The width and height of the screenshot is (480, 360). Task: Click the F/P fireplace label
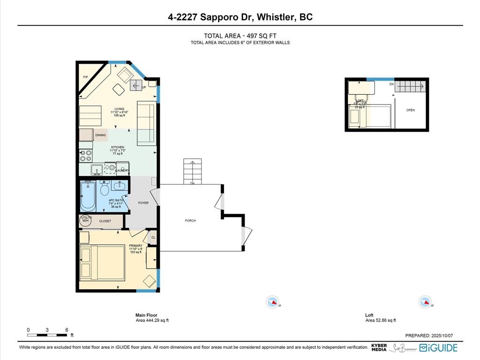tap(86, 77)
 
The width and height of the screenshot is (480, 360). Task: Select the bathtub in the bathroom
tap(88, 197)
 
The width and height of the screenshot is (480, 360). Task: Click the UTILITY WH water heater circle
tap(85, 220)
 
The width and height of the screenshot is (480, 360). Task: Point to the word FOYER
tap(143, 203)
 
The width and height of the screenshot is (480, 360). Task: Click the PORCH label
tap(190, 220)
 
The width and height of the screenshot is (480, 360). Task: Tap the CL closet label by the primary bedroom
tap(153, 238)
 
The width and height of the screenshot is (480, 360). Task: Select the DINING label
tap(100, 135)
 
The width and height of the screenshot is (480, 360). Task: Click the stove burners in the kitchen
tap(85, 155)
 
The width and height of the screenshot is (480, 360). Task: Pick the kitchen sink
tap(97, 169)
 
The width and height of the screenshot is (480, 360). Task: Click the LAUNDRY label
tap(122, 170)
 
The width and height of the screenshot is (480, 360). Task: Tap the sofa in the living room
tap(146, 123)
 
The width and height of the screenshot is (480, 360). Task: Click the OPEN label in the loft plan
tap(411, 110)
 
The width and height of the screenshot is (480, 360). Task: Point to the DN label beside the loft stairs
tap(391, 84)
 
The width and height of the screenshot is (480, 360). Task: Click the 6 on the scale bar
tap(67, 330)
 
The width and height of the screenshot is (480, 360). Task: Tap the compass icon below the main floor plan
tap(272, 302)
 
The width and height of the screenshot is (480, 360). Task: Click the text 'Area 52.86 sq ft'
tap(380, 320)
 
